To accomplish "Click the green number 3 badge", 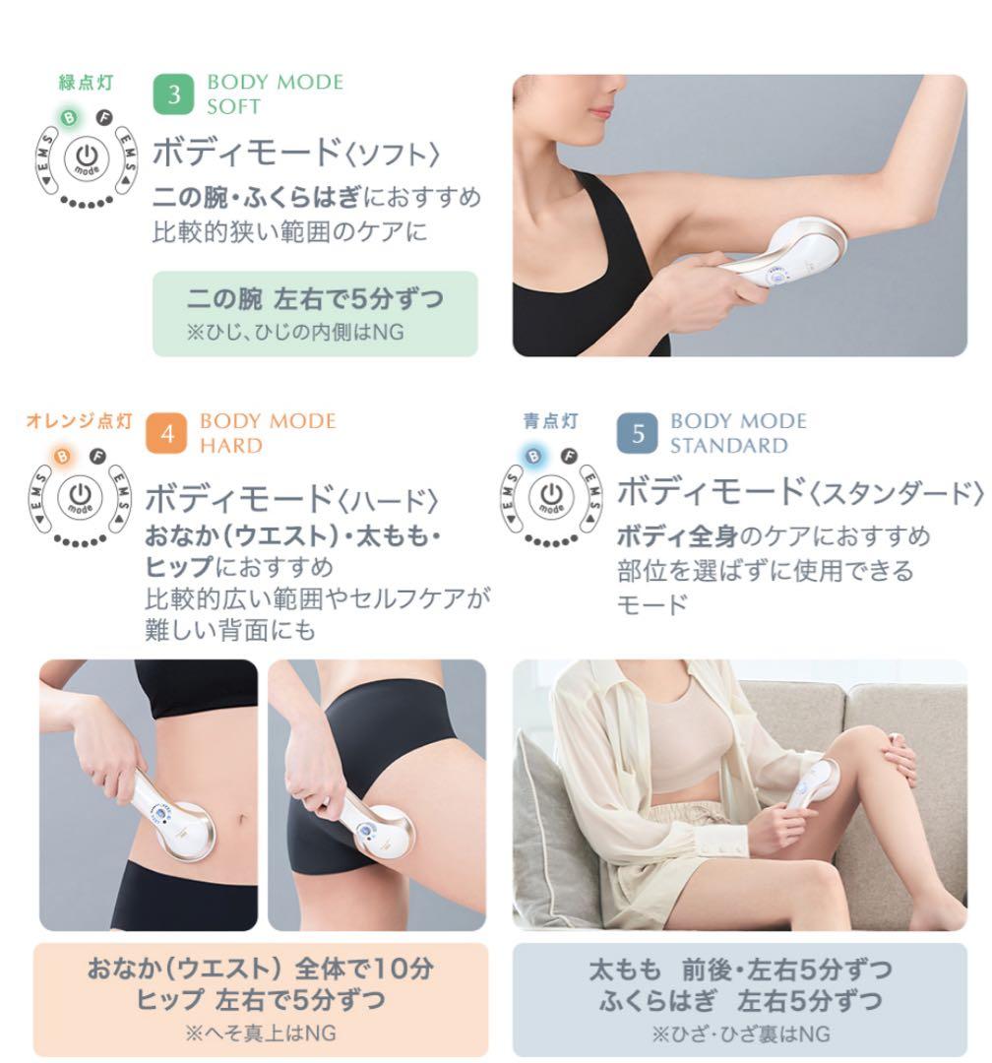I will pyautogui.click(x=175, y=94).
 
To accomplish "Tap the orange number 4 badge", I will pyautogui.click(x=167, y=434).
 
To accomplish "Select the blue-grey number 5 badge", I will pyautogui.click(x=638, y=434).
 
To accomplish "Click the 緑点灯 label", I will pyautogui.click(x=87, y=83).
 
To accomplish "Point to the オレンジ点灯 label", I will pyautogui.click(x=79, y=421).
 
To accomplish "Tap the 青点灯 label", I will pyautogui.click(x=551, y=421).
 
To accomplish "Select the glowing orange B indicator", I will pyautogui.click(x=61, y=456).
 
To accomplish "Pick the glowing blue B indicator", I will pyautogui.click(x=533, y=456).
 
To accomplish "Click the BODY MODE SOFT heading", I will pyautogui.click(x=275, y=94).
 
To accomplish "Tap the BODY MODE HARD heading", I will pyautogui.click(x=268, y=433).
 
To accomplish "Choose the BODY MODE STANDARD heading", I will pyautogui.click(x=738, y=433).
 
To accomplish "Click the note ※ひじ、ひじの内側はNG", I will pyautogui.click(x=295, y=333).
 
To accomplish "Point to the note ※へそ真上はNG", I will pyautogui.click(x=260, y=1033).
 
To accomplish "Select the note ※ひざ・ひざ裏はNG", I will pyautogui.click(x=740, y=1033).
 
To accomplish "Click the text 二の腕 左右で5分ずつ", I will pyautogui.click(x=315, y=298).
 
